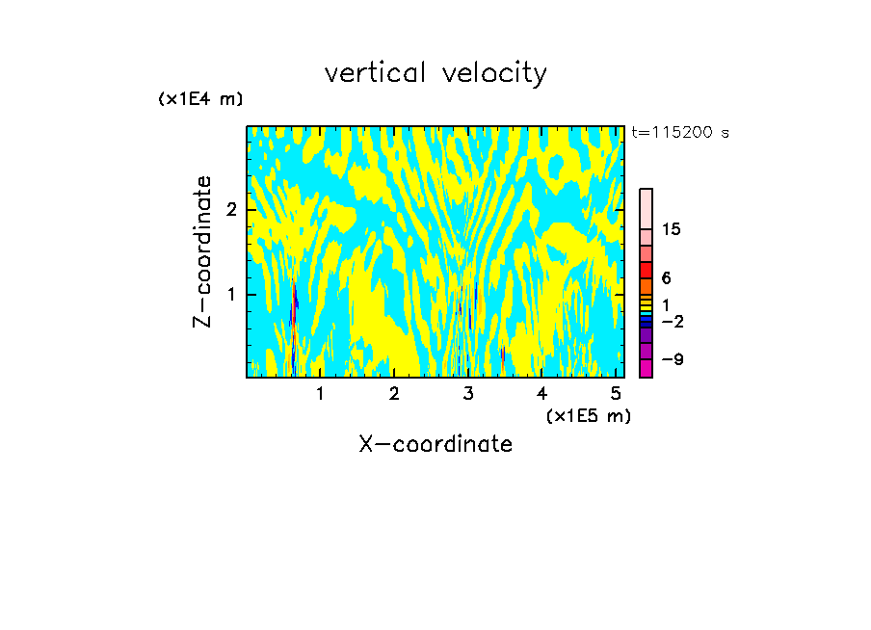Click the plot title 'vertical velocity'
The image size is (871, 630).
point(435,73)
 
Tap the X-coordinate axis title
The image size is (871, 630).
point(435,444)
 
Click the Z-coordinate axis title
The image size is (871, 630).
point(202,251)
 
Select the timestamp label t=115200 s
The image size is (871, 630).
point(679,133)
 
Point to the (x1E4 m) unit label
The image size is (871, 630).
point(200,99)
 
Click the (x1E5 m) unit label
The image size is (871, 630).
point(588,415)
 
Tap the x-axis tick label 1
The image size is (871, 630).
point(320,393)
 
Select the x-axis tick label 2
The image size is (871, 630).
point(394,393)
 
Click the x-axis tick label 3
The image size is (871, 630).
point(468,393)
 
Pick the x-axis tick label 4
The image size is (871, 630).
point(542,393)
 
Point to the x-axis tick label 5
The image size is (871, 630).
point(616,393)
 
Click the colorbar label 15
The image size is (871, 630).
point(672,229)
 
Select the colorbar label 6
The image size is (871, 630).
point(667,278)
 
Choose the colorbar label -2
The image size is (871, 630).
point(673,321)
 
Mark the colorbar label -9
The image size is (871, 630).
point(673,359)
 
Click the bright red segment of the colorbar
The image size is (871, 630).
point(646,270)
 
